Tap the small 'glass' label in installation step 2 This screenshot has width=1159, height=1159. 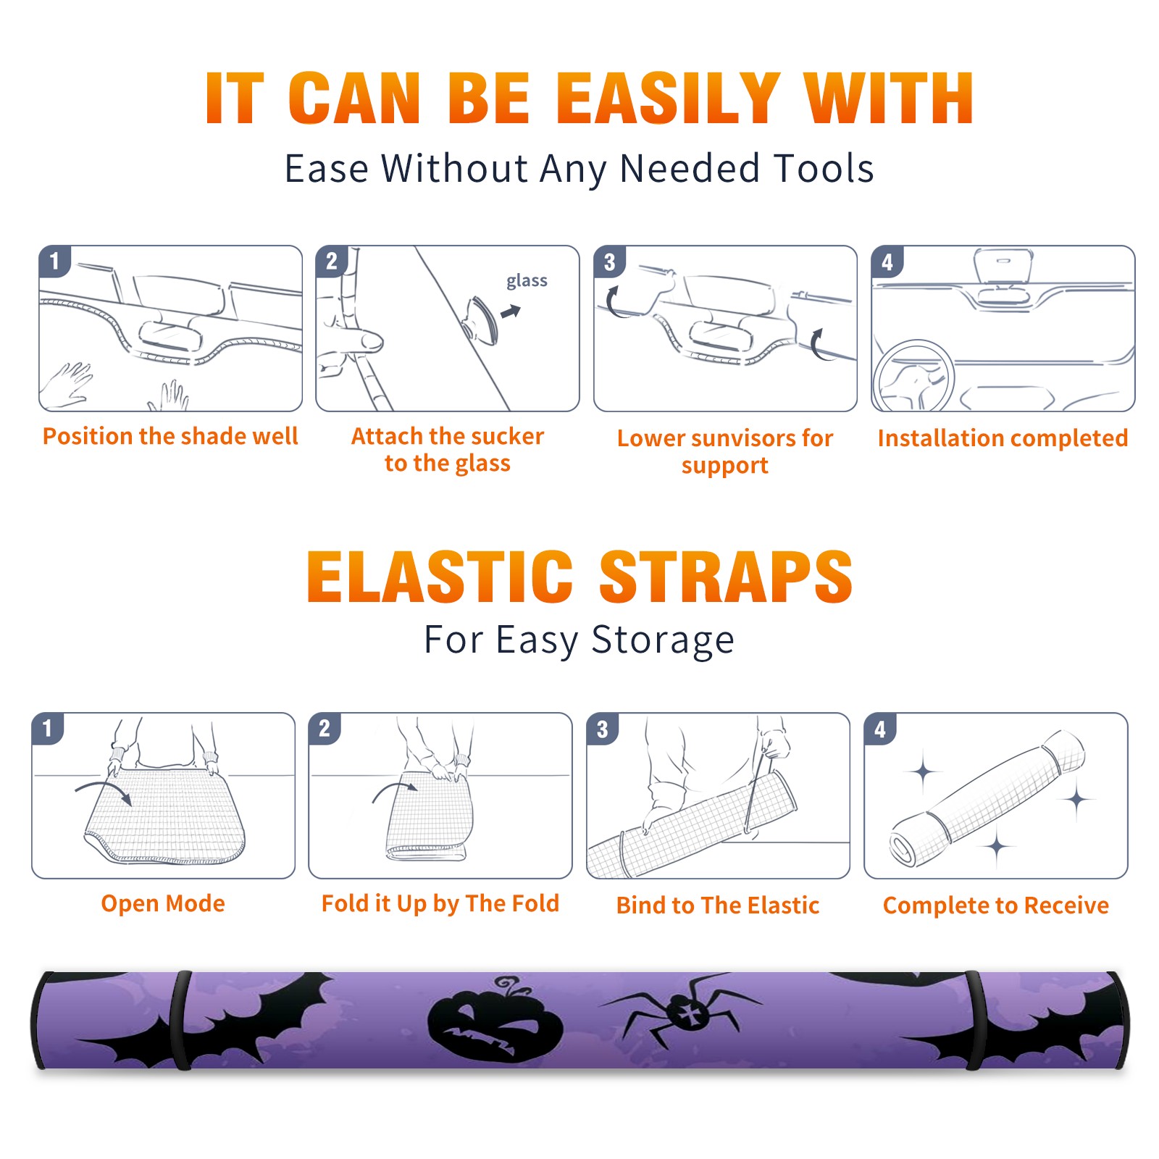(527, 281)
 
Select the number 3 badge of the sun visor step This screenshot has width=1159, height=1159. (609, 261)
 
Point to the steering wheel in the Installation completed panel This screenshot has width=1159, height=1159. (913, 375)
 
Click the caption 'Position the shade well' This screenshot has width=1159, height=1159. (170, 436)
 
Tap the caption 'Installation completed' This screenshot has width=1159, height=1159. (1003, 438)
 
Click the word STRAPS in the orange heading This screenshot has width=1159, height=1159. (727, 577)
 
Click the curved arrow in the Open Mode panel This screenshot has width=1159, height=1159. (103, 790)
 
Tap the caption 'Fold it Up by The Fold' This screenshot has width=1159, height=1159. (440, 903)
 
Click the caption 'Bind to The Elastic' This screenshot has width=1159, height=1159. (718, 905)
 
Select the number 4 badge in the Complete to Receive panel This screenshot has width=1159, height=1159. (880, 729)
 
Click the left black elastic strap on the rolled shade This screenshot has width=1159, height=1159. (180, 1020)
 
